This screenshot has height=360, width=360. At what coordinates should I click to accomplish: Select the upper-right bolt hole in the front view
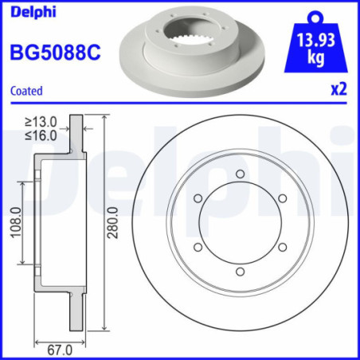click(283, 199)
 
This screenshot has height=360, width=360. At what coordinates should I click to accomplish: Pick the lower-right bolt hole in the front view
click(283, 248)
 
